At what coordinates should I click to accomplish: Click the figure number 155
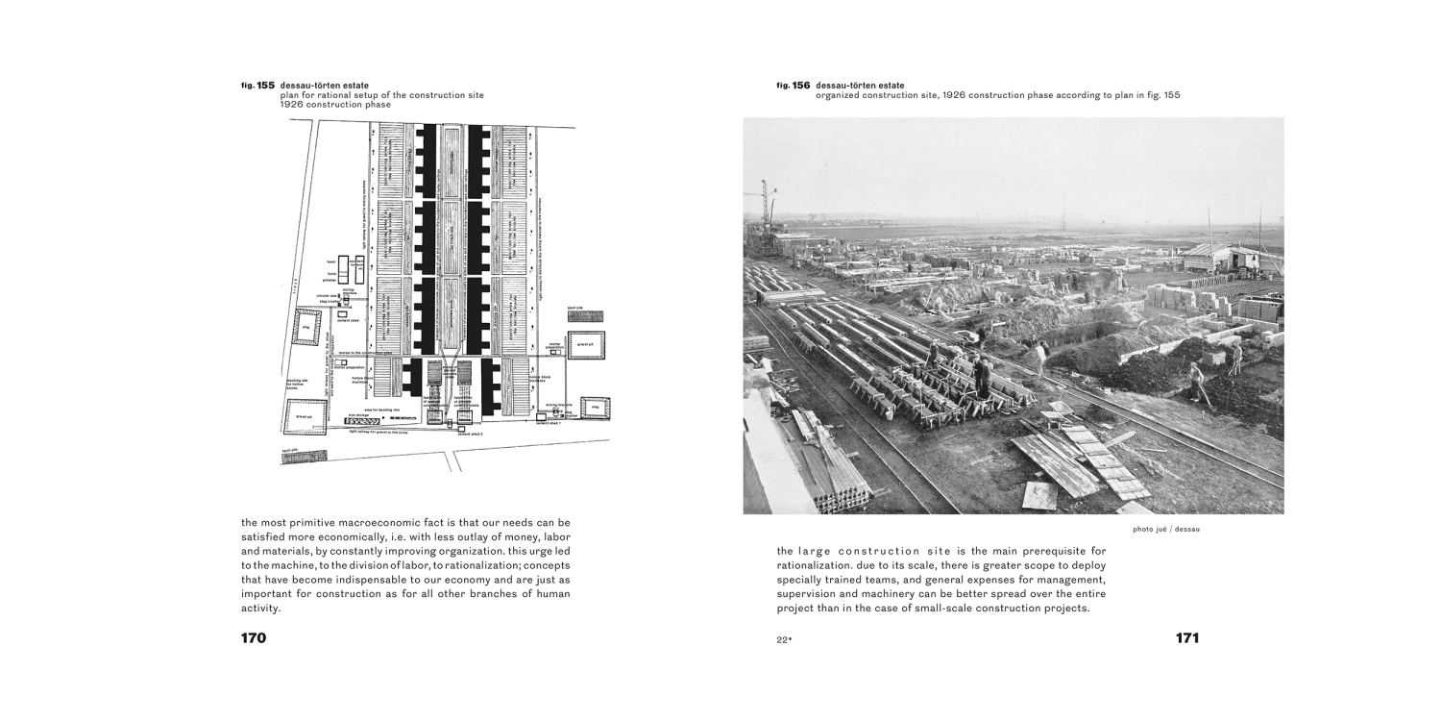(265, 86)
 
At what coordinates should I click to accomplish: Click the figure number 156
(801, 86)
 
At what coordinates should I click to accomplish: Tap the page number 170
(253, 637)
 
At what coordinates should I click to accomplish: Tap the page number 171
(1186, 637)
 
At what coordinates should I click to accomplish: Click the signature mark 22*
(784, 639)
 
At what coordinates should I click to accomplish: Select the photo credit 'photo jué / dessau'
(1166, 528)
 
